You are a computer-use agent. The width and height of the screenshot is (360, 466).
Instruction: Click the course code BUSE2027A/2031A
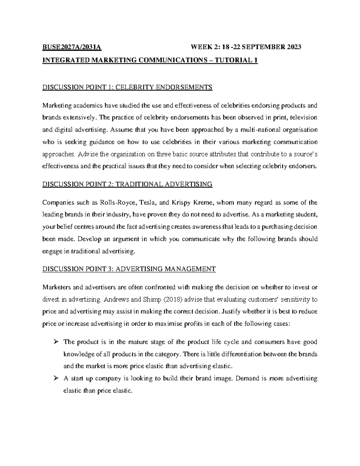tap(72, 47)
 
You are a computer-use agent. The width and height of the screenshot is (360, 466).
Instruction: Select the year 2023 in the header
tap(294, 47)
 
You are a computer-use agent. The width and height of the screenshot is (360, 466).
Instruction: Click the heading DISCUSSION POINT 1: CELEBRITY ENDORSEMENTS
tap(127, 87)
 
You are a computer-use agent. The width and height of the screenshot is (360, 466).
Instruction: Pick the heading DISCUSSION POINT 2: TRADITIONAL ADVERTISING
tap(127, 184)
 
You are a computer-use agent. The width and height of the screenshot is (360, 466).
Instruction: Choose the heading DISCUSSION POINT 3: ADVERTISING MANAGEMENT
tap(129, 269)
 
